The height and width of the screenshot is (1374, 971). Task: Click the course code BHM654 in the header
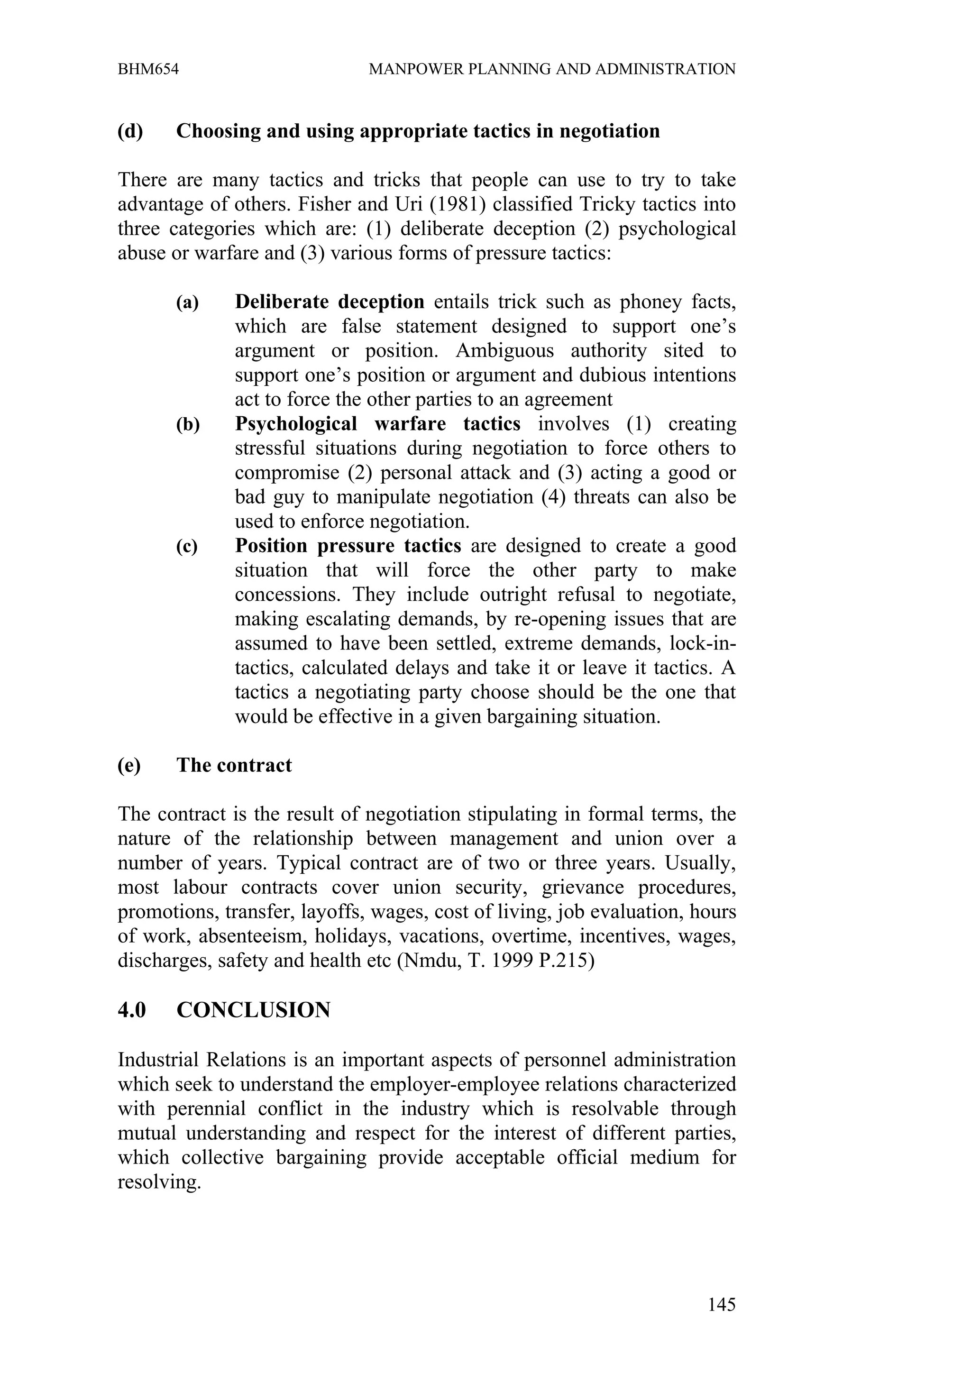[x=148, y=69]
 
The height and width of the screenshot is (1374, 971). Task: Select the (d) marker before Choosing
[x=130, y=131]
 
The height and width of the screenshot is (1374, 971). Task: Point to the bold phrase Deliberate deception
[x=330, y=302]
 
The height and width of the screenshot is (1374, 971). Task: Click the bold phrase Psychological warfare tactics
[x=377, y=424]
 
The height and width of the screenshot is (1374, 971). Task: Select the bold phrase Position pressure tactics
[x=348, y=546]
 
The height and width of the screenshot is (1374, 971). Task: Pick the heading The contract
[x=234, y=765]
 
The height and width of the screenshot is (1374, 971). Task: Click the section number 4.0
[x=132, y=1010]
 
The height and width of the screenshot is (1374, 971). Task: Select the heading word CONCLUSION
[x=254, y=1010]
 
